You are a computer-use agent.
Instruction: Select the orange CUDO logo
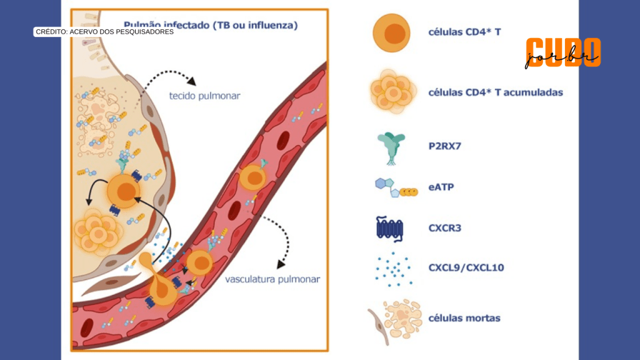[562, 51]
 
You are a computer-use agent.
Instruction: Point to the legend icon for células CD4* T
[392, 32]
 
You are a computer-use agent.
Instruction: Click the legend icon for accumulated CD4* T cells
[392, 92]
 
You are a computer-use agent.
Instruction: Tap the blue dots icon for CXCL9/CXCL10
[392, 268]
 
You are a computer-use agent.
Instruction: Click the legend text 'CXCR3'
[445, 227]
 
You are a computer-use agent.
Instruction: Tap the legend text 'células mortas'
[464, 318]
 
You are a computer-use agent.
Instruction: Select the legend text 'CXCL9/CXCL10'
[466, 268]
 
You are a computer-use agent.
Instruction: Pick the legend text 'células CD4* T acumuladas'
[496, 92]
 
